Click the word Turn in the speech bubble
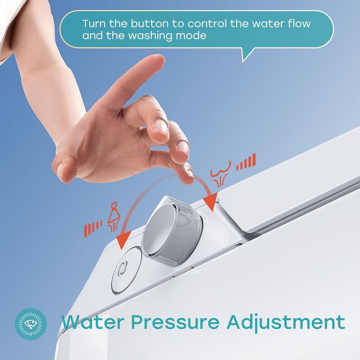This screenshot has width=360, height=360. (92, 23)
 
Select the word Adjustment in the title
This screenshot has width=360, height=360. (286, 322)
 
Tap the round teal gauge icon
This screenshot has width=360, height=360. (31, 323)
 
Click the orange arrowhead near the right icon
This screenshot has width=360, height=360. (210, 199)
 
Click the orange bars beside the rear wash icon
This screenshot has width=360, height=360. (247, 162)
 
